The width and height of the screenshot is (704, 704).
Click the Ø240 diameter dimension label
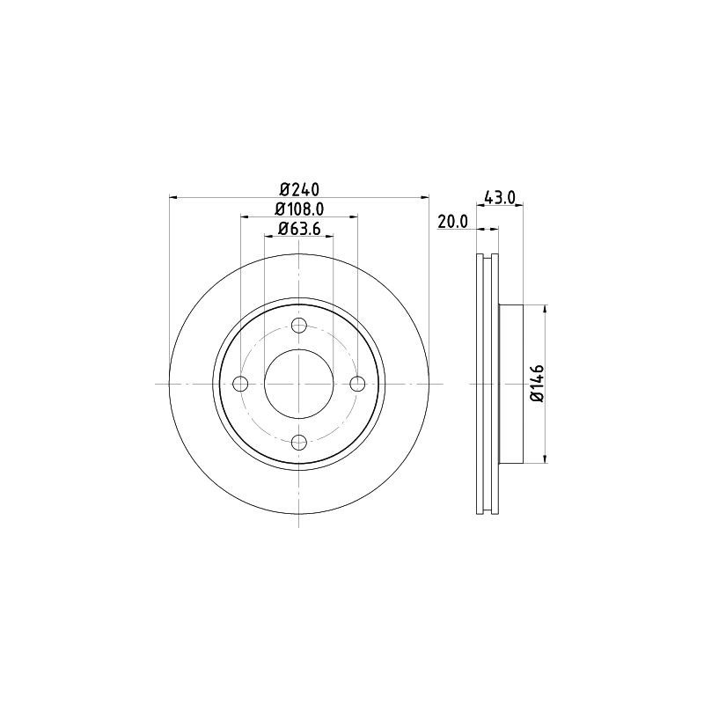(x=299, y=188)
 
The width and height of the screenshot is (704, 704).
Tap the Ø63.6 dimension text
(x=299, y=229)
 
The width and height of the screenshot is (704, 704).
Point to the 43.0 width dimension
(x=498, y=198)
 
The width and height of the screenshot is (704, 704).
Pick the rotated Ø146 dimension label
(x=538, y=384)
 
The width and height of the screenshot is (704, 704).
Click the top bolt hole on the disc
(x=299, y=326)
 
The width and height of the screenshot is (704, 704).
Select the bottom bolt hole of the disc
(x=299, y=442)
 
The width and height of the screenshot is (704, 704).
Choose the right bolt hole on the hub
(x=357, y=384)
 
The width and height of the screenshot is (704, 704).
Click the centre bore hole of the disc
(x=299, y=384)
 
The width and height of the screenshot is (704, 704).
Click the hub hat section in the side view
(x=512, y=384)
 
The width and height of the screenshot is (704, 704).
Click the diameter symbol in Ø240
(x=284, y=188)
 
